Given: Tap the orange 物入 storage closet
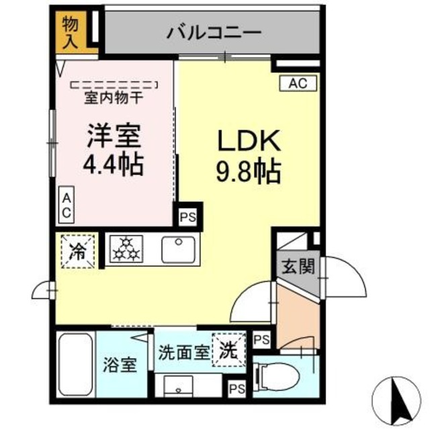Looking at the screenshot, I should [71, 32].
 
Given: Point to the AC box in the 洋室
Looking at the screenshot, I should [67, 206].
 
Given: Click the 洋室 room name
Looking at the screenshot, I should [113, 136].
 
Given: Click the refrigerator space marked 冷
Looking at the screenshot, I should [79, 251].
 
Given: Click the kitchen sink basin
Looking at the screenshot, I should [178, 250].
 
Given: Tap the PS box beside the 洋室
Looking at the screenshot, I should [187, 217].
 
